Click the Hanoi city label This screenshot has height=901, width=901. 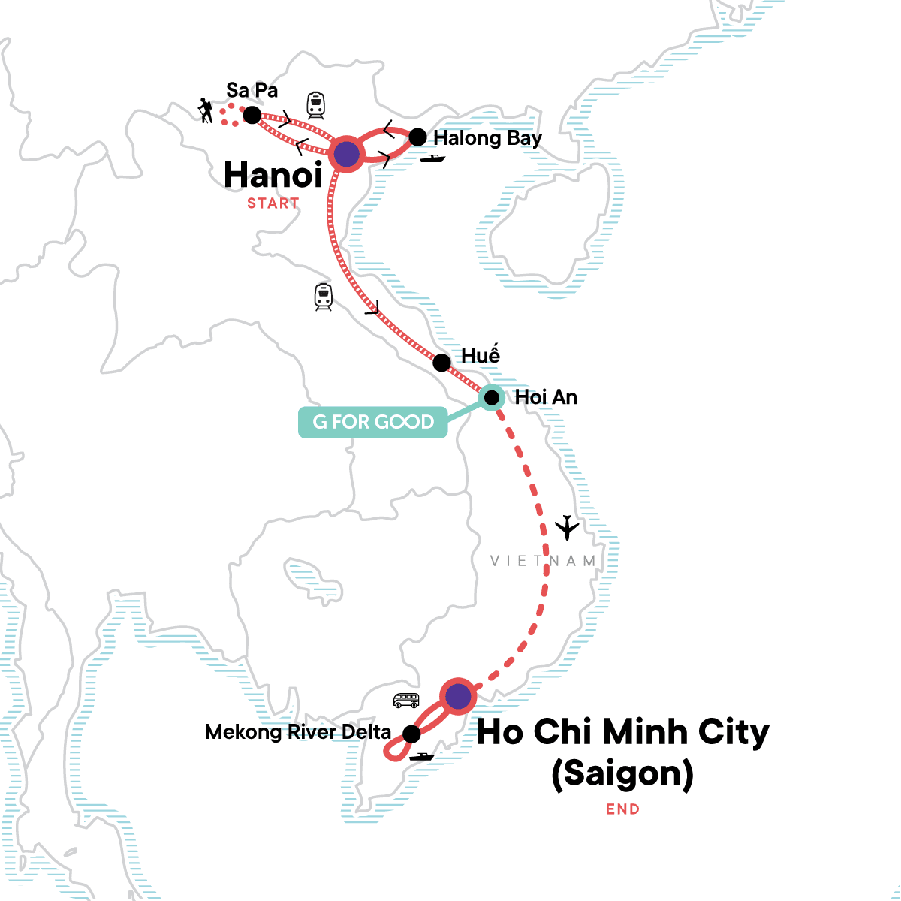point(273,176)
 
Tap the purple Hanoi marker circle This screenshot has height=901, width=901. point(345,154)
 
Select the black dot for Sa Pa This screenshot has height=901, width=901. point(252,115)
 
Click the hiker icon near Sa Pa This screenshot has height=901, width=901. point(205,111)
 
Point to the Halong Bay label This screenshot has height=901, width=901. point(487,138)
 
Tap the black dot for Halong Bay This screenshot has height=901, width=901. point(417,137)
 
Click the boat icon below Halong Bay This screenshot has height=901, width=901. point(432,158)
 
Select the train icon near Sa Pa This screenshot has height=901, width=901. point(315,105)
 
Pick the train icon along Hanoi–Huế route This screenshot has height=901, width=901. point(323,297)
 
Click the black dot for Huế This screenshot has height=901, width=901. point(442,363)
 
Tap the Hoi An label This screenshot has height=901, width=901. point(546,397)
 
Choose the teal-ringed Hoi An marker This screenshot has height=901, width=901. point(491,397)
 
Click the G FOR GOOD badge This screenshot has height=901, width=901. point(373,422)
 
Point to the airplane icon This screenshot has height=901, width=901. point(568,528)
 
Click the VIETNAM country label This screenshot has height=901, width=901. point(543,561)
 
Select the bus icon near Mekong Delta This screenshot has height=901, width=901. point(406,701)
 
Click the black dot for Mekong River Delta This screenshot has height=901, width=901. point(411,734)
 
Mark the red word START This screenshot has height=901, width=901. point(273,203)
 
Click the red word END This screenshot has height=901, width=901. point(622,809)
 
